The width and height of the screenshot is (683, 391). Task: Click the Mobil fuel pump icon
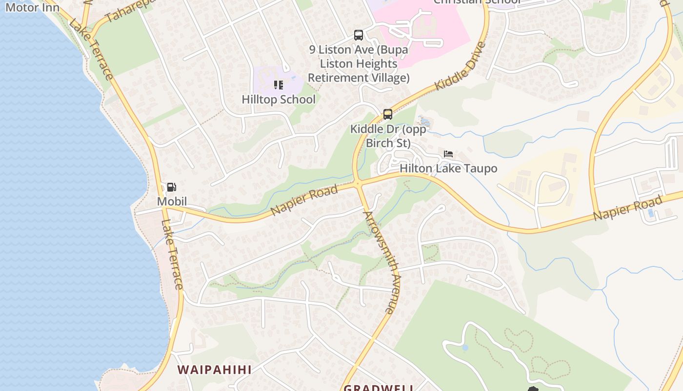(x=171, y=187)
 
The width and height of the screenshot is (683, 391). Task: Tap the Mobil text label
(x=172, y=201)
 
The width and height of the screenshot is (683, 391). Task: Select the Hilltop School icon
(x=279, y=85)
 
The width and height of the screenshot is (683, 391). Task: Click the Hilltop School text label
(x=279, y=100)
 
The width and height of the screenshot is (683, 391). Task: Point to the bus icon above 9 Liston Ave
(x=359, y=35)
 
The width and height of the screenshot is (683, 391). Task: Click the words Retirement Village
(x=359, y=78)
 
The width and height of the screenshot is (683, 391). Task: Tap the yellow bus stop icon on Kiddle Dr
(x=388, y=114)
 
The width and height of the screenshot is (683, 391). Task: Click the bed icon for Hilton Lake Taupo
(x=448, y=154)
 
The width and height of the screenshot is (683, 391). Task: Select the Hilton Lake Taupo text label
(x=448, y=169)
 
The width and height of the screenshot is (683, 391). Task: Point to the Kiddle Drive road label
(x=461, y=66)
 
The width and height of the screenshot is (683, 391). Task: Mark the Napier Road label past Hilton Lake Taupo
(x=628, y=208)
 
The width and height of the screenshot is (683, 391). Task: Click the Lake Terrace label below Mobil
(x=172, y=254)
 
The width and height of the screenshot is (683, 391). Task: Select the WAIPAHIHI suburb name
(x=214, y=369)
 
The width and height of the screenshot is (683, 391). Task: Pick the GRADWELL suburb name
(x=379, y=388)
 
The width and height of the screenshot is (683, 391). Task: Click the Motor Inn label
(x=32, y=7)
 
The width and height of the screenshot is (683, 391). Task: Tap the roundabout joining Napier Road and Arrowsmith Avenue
(x=358, y=183)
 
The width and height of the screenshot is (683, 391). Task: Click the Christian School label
(x=477, y=2)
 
